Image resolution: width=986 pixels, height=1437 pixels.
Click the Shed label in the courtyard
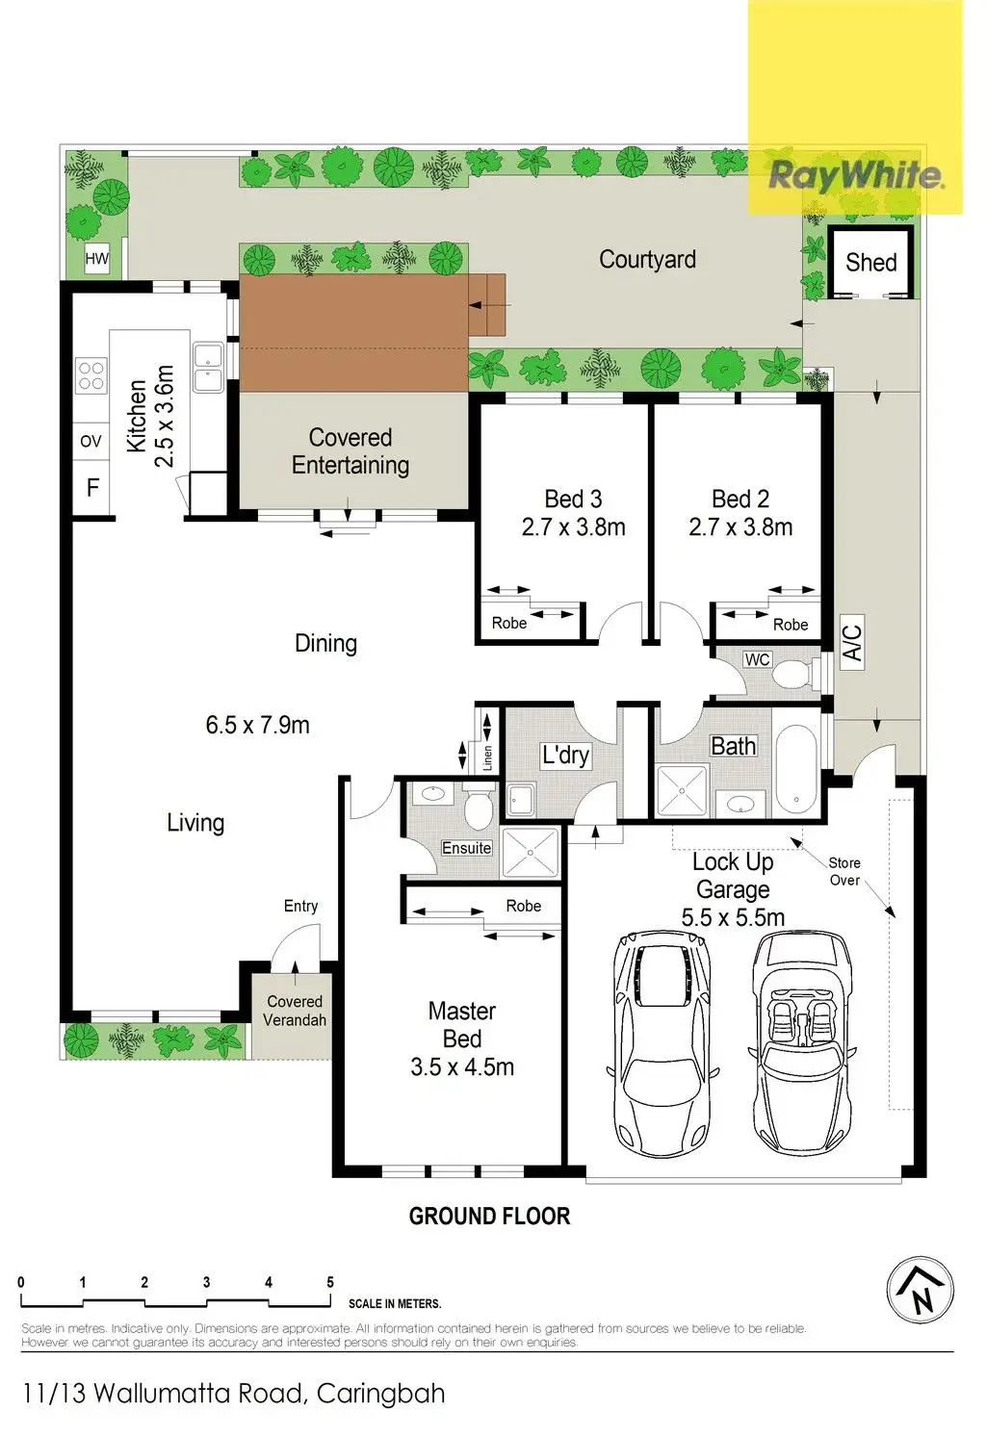[x=870, y=263]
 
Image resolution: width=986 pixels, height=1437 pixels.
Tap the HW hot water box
[x=97, y=259]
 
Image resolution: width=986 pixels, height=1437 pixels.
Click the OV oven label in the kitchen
[x=91, y=442]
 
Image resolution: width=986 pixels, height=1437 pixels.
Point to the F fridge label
[x=93, y=488]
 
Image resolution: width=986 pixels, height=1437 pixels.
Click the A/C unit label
[x=852, y=643]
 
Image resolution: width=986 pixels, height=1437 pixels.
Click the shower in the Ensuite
[x=531, y=852]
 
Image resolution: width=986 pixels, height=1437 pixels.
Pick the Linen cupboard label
[x=487, y=758]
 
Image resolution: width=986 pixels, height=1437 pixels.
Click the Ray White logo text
[x=856, y=174]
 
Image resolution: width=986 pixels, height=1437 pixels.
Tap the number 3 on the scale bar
[x=207, y=1282]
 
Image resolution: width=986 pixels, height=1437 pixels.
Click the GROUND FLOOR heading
[x=489, y=1217]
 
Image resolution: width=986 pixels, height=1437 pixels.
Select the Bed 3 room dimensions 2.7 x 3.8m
[x=573, y=527]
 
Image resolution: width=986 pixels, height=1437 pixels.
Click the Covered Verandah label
[x=296, y=1011]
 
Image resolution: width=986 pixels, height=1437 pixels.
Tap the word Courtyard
[x=647, y=260]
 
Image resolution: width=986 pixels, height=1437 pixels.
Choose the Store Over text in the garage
[x=844, y=871]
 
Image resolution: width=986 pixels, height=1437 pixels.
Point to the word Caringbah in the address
[x=380, y=1394]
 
